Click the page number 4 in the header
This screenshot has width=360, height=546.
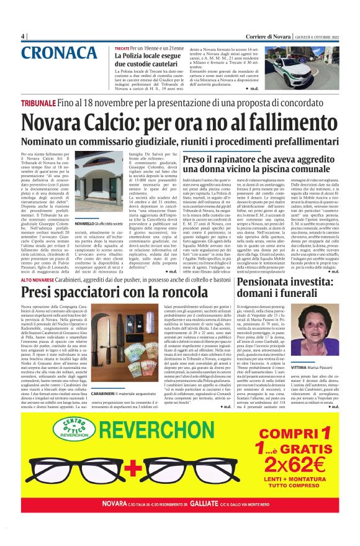(x=23, y=35)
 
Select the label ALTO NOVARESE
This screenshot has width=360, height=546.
(x=40, y=281)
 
